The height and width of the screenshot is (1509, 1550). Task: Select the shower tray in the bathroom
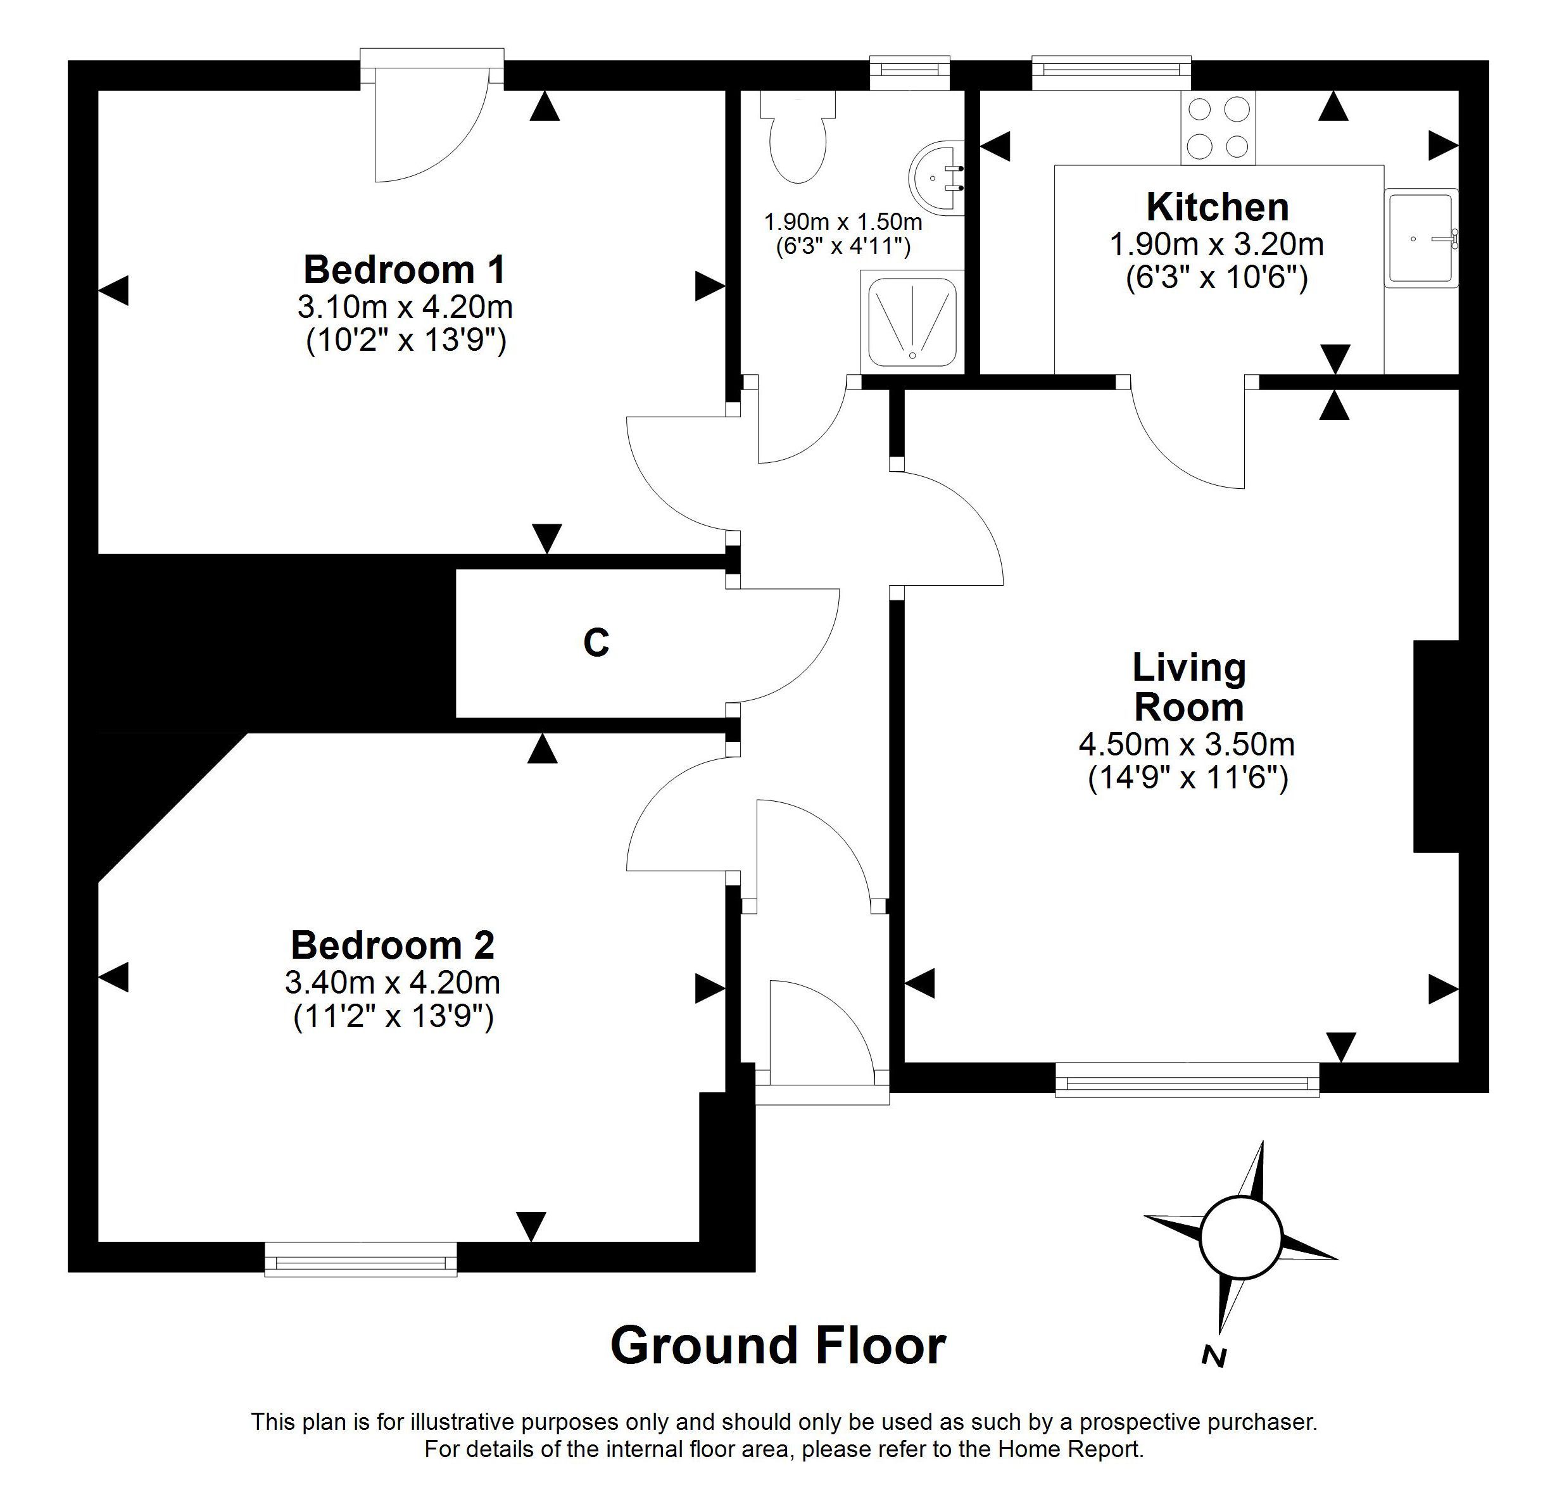point(912,322)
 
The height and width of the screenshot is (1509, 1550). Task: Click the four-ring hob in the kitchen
point(1218,127)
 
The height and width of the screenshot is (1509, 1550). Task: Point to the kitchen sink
point(1421,237)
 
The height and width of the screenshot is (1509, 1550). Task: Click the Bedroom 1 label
point(404,270)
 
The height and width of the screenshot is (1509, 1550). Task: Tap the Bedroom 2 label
point(393,945)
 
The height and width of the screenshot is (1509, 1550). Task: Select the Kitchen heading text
point(1217,207)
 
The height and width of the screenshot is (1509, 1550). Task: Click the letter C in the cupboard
point(596,643)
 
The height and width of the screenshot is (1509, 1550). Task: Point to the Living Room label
point(1188,687)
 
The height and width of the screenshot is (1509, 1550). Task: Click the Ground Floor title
point(778,1345)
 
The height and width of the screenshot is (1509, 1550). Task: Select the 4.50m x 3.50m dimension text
point(1187,744)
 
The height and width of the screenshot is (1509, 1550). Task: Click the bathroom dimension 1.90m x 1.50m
point(843,221)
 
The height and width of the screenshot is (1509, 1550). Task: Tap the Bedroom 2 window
point(360,1260)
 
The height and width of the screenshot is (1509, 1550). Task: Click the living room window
point(1187,1081)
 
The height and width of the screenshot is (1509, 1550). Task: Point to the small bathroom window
point(909,73)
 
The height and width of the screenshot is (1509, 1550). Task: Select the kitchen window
point(1111,73)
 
